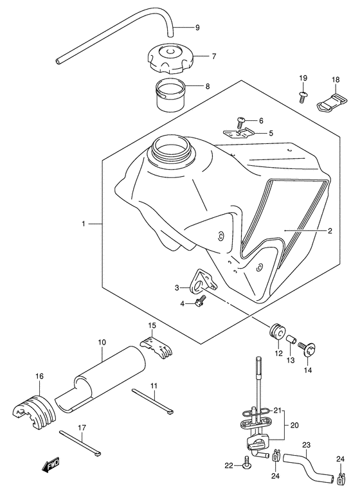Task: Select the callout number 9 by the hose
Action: point(197,27)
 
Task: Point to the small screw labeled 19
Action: point(301,96)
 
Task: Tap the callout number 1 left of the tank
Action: point(83,224)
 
